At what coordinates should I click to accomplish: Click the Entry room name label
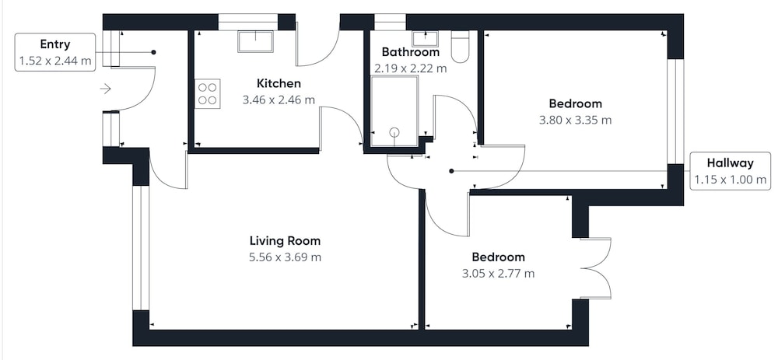pos(55,44)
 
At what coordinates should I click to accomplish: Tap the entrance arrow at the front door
pos(105,89)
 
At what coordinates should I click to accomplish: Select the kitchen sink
pos(255,41)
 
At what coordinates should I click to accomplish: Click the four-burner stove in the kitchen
pos(208,94)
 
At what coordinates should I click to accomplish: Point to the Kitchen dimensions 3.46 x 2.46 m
pos(279,100)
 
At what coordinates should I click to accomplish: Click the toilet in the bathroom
pos(460,47)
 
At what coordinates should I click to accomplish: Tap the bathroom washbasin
pos(425,39)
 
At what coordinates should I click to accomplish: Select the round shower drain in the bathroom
pos(394,132)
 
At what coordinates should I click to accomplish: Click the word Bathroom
pos(410,52)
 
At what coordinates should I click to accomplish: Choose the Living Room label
pos(285,241)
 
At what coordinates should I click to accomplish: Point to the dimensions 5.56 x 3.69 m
pos(285,257)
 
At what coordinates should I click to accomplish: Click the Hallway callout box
pos(731,170)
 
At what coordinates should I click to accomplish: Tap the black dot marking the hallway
pos(451,171)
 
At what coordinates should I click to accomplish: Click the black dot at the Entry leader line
pos(153,52)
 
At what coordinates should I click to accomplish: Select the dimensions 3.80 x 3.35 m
pos(575,120)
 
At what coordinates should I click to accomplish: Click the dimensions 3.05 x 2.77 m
pos(498,273)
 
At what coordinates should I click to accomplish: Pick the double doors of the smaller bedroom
pos(595,268)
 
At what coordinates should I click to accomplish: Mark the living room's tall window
pos(141,248)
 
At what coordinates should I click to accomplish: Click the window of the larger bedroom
pos(675,111)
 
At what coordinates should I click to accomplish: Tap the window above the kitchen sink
pos(248,22)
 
